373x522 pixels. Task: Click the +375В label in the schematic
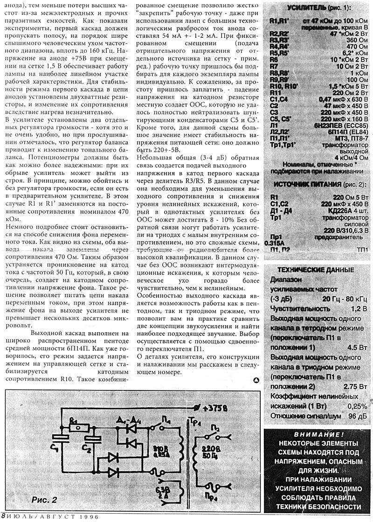click(x=215, y=408)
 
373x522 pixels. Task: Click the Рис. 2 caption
click(x=44, y=500)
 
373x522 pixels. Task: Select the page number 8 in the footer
click(x=4, y=515)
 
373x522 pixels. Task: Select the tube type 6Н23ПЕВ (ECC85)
click(x=344, y=125)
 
